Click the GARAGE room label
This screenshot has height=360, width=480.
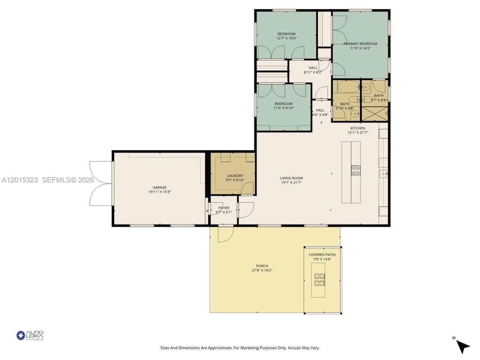tap(159, 187)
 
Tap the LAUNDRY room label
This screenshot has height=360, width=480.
tap(235, 175)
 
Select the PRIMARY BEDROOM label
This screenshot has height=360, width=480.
tap(360, 44)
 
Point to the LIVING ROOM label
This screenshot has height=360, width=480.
tap(291, 178)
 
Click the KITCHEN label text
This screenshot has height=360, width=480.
tap(357, 128)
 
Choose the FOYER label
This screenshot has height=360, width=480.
tap(224, 208)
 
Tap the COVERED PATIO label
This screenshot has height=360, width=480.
tap(322, 255)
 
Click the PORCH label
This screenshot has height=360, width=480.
tap(262, 266)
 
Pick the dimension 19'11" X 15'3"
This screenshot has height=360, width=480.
tap(159, 192)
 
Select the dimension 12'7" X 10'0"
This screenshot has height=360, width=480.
tap(286, 38)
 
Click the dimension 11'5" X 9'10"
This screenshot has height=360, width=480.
tap(283, 108)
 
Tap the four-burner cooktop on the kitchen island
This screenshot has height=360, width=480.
tap(355, 170)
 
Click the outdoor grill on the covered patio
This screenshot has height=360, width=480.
tap(320, 280)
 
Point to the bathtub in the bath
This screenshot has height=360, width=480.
tap(348, 87)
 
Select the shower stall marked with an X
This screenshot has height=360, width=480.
tap(374, 114)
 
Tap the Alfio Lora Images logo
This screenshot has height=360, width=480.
tap(30, 335)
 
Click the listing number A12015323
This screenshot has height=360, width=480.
tap(19, 180)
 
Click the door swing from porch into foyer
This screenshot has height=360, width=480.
tap(226, 234)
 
